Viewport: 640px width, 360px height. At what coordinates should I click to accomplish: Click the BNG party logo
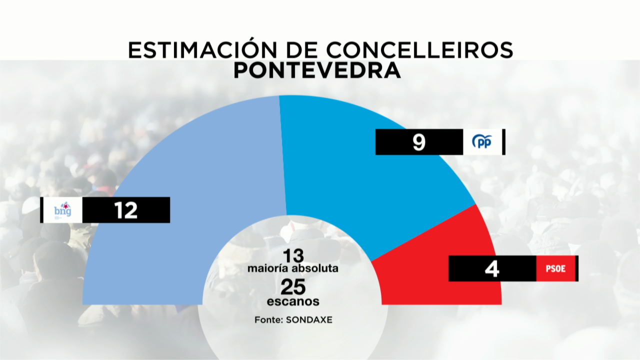[x=62, y=209]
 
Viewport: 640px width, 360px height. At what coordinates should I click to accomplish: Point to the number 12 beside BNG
[x=125, y=210]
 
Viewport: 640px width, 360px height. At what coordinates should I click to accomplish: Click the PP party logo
[x=482, y=142]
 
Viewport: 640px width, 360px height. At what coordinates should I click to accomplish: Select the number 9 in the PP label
[x=418, y=142]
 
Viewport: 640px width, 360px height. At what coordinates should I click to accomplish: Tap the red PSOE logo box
[x=555, y=268]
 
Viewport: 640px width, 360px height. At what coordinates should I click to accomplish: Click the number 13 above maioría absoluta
[x=292, y=256]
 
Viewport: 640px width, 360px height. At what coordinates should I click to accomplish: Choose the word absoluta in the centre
[x=315, y=268]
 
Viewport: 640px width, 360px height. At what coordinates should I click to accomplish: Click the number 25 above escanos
[x=293, y=287]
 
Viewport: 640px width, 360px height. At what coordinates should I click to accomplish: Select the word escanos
[x=293, y=301]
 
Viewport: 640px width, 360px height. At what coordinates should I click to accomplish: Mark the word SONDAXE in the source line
[x=309, y=319]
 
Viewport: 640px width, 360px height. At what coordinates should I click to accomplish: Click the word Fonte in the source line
[x=267, y=319]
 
